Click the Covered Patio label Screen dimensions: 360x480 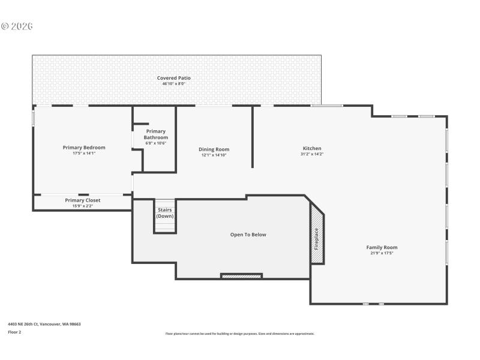pos(174,78)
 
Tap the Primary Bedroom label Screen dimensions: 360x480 pos(84,148)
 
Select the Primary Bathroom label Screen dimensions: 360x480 pos(155,134)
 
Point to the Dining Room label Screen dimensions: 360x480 pos(214,149)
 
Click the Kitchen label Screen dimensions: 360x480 pos(312,148)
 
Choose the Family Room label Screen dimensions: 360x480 pos(382,247)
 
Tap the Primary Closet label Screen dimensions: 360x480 pos(83,200)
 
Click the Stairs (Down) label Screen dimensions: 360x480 pos(165,212)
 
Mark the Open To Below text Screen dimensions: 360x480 pos(248,235)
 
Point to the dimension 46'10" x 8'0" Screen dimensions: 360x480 pos(174,84)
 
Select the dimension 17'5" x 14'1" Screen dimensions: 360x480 pos(84,154)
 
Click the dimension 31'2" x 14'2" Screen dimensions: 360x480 pos(312,154)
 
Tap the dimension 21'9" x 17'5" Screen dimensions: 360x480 pos(382,253)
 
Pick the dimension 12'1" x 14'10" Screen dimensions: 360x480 pos(214,155)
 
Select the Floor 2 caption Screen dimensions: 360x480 pos(14,332)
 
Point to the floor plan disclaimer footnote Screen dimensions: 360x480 pos(240,334)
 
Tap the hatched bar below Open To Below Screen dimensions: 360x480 pos(241,276)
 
